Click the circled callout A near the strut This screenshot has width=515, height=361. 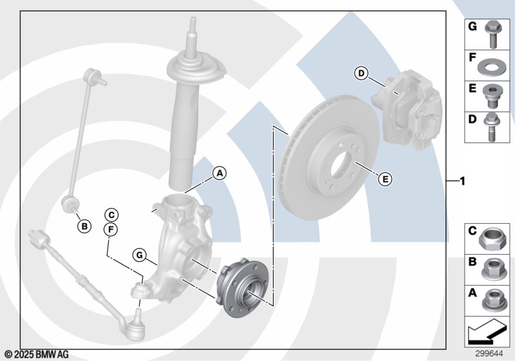pos(220,173)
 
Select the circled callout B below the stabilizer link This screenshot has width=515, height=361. pos(84,226)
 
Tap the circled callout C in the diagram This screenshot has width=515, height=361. pos(111,215)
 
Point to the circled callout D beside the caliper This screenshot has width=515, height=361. pos(361,73)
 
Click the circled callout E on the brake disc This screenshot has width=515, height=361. pos(385,179)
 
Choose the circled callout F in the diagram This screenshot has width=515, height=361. pos(111,229)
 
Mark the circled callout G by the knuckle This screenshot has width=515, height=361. pos(140,255)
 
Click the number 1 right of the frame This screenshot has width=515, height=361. pos(462,181)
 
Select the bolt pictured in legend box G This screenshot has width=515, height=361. pos(492,35)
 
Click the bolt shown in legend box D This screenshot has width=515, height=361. pos(491,127)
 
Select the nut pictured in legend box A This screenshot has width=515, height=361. pos(492,300)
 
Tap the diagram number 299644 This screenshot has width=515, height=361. pos(489,353)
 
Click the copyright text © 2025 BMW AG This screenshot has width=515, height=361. pos(37,355)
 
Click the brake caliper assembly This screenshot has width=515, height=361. pos(407,109)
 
